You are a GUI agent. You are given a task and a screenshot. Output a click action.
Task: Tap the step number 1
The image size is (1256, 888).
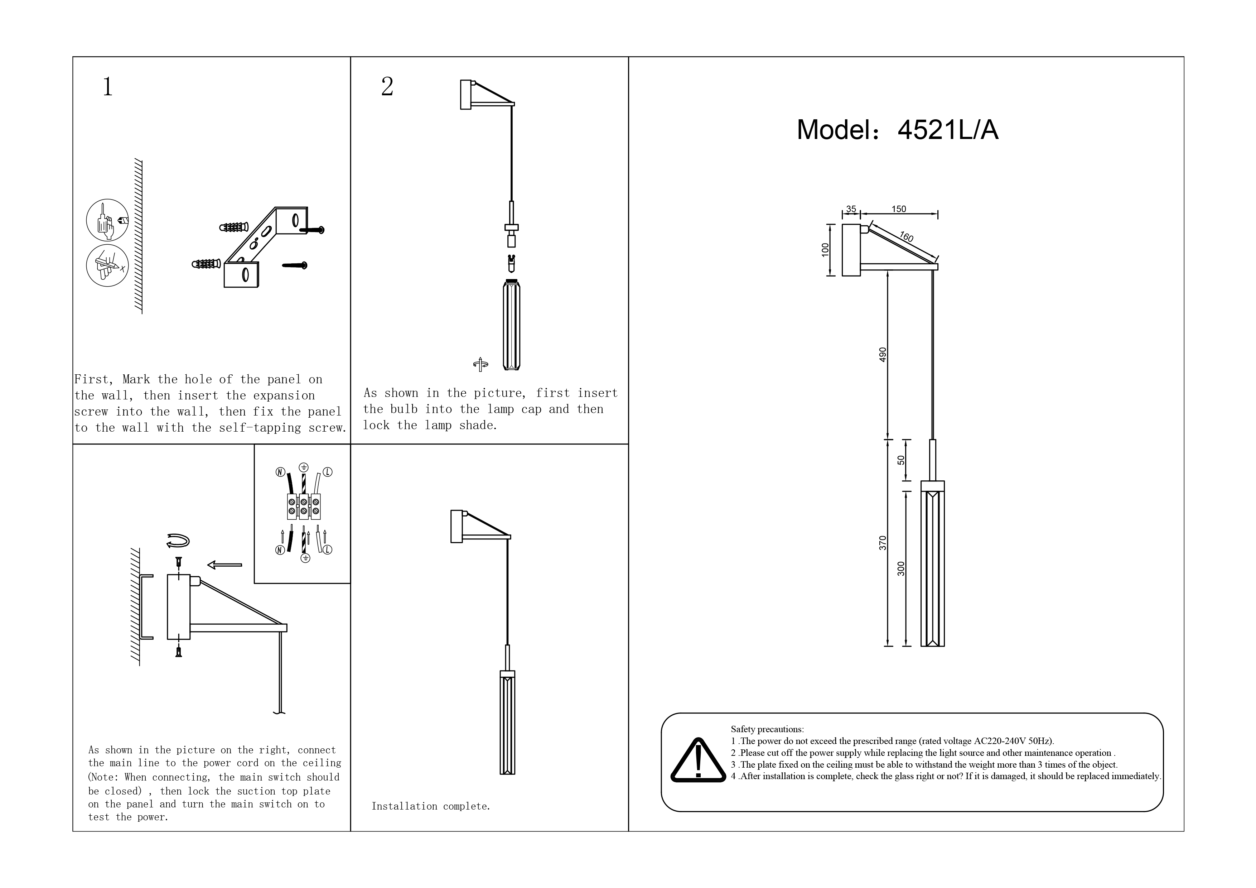(108, 86)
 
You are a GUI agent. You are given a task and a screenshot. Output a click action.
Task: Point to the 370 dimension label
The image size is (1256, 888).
(882, 543)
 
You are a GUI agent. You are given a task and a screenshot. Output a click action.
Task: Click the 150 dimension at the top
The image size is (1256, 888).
(899, 209)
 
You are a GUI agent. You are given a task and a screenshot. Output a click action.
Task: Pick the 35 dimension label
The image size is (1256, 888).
(851, 209)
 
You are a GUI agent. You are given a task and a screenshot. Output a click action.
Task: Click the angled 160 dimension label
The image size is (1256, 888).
(907, 237)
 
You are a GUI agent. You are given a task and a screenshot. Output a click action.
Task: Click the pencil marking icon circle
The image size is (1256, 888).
(107, 265)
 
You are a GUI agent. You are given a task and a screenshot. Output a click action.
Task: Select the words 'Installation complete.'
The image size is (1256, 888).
(431, 806)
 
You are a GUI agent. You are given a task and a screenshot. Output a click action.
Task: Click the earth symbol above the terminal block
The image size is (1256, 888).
(304, 467)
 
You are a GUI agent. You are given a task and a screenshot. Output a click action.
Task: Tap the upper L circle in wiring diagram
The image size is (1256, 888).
(328, 472)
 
